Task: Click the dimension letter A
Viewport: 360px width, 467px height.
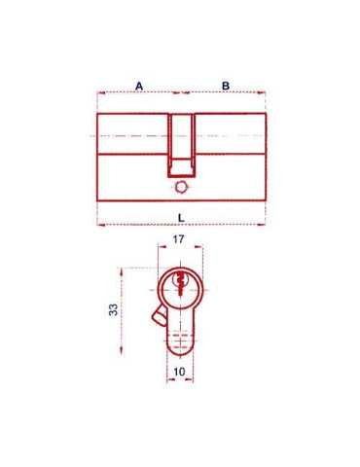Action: [139, 86]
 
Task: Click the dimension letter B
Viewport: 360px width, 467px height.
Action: [226, 86]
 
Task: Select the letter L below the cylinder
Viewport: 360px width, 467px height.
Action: [181, 218]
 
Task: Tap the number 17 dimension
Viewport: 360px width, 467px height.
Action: [178, 239]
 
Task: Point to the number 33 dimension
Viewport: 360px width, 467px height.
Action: [113, 309]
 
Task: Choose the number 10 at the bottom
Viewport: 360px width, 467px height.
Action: [179, 372]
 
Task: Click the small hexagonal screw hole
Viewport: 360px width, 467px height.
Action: [180, 188]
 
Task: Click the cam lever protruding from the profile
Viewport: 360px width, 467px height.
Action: [159, 316]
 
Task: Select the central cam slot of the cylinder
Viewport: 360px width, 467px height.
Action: [182, 145]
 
